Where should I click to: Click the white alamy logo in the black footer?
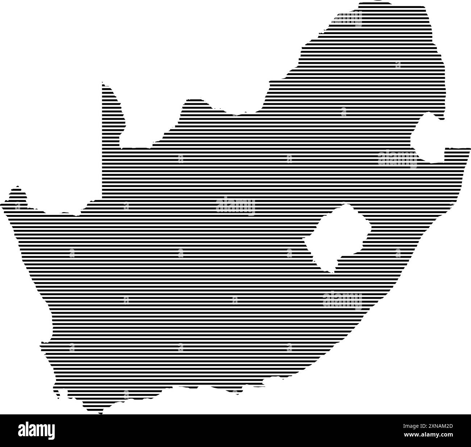click(36, 430)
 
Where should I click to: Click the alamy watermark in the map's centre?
click(236, 206)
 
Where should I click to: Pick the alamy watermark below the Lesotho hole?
click(342, 300)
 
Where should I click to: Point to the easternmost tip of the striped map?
click(469, 149)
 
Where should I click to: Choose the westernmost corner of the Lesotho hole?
click(305, 240)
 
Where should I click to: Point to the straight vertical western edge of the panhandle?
click(102, 145)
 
